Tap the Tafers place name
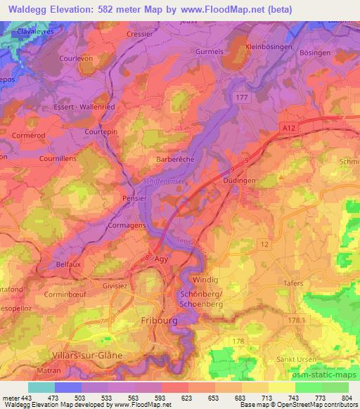click(x=294, y=283)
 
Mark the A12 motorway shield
click(x=288, y=126)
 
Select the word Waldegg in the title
click(x=26, y=9)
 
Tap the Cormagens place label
click(x=127, y=226)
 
